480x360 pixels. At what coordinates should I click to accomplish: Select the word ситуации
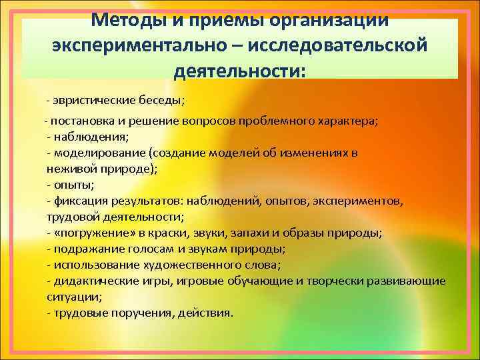tap(70, 297)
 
